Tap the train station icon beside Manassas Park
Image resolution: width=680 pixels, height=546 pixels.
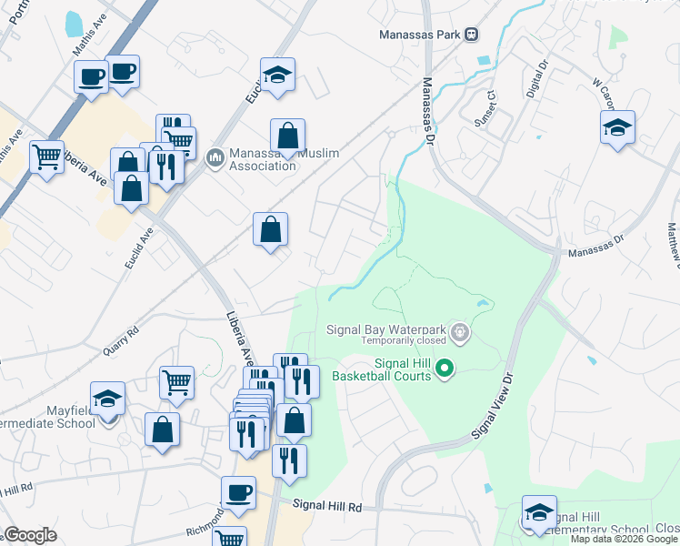[x=471, y=35]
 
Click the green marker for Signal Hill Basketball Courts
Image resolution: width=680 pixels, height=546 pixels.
[x=445, y=369]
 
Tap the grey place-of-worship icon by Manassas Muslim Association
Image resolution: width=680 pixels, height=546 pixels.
[x=215, y=158]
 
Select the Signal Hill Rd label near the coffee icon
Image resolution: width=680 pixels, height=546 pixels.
[x=327, y=506]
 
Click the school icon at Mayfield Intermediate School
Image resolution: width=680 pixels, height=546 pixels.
[x=107, y=399]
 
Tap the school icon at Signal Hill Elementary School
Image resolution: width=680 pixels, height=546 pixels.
[x=539, y=511]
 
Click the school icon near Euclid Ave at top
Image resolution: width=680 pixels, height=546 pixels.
[x=278, y=74]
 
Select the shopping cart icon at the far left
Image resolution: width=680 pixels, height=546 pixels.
[x=46, y=156]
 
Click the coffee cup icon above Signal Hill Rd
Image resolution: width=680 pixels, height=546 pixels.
[x=239, y=492]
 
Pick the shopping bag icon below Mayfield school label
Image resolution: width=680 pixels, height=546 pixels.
[x=162, y=430]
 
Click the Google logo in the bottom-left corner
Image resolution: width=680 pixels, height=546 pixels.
[x=30, y=535]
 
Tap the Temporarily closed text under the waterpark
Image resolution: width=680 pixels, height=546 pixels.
[x=404, y=341]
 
